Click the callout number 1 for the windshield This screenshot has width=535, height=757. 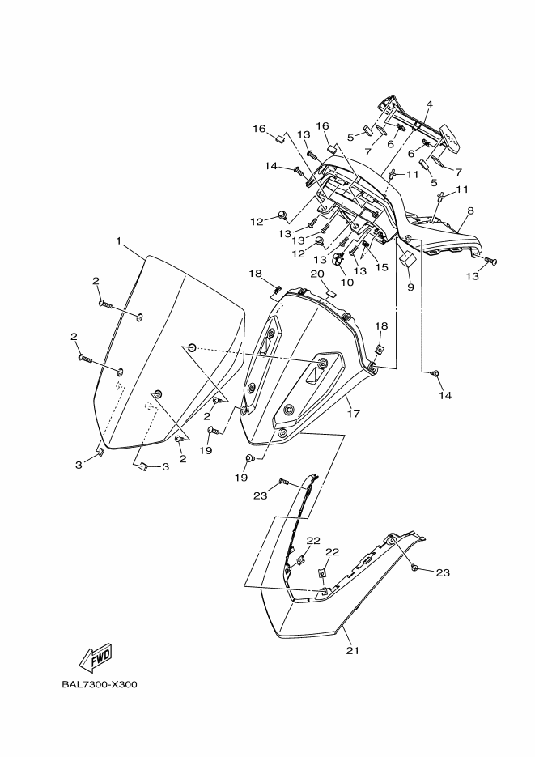118,241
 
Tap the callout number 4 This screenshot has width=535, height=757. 429,104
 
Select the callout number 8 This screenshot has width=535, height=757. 470,211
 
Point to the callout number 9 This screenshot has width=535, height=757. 410,287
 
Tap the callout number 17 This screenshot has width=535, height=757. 353,414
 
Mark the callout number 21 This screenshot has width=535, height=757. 351,649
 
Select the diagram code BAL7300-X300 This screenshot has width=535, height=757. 99,684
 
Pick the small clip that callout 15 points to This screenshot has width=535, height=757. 366,245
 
